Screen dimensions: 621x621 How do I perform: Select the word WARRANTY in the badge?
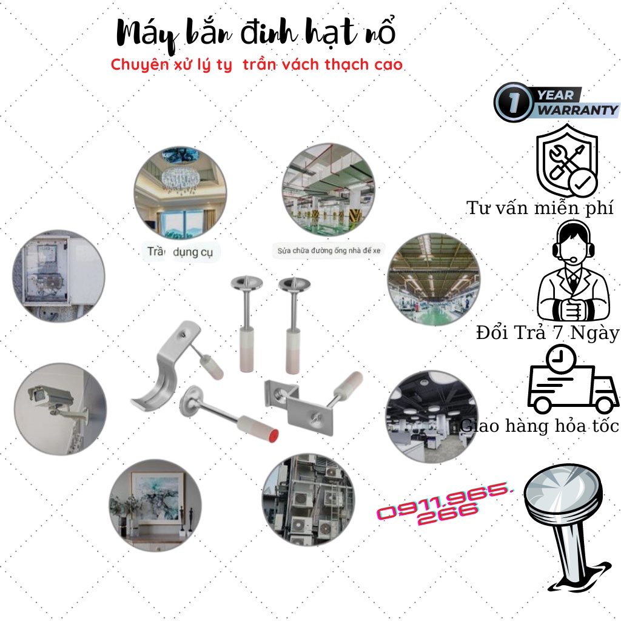click(577, 110)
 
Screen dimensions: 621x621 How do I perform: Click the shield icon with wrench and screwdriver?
click(567, 159)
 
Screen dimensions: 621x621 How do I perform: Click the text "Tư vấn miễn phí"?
click(540, 208)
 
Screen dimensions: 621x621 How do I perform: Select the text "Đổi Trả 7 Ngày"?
click(547, 333)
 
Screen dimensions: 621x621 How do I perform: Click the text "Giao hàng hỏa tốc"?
click(540, 426)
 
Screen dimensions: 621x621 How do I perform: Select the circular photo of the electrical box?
click(59, 275)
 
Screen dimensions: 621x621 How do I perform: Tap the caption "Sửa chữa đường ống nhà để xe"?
click(328, 250)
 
